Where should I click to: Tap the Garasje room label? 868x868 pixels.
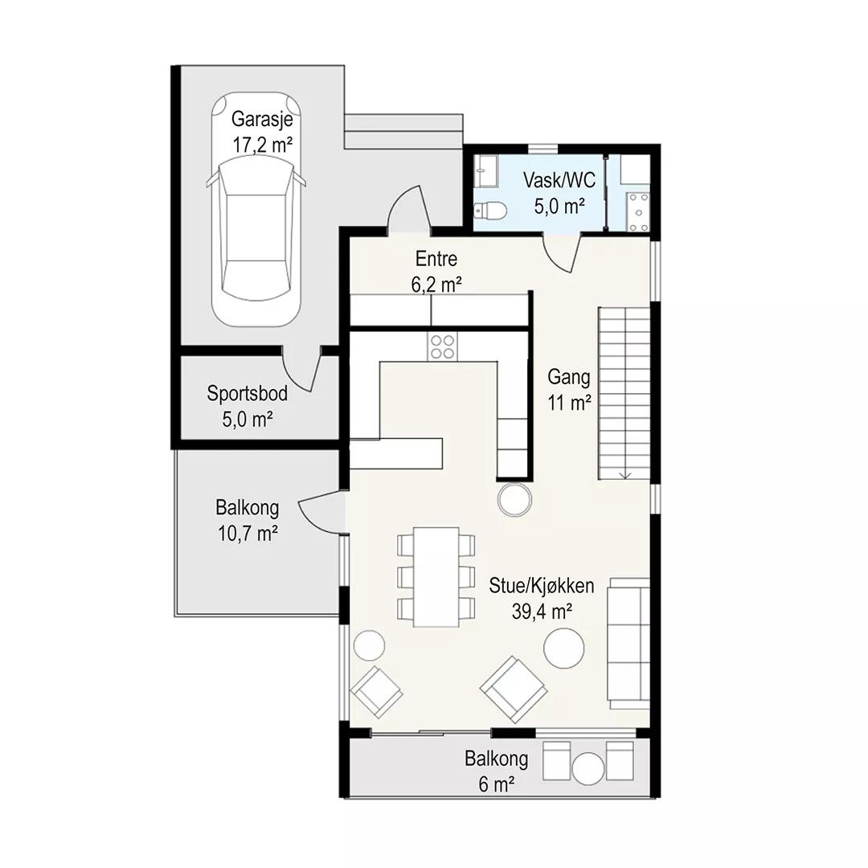tap(262, 119)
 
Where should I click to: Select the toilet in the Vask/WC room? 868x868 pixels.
tap(490, 210)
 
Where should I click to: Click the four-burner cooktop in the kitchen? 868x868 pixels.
tap(442, 346)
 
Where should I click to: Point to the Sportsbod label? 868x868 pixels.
tap(248, 393)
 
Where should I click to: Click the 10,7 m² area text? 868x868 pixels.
tap(248, 534)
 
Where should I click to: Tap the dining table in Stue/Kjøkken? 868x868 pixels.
tap(436, 577)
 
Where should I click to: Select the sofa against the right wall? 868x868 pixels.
tap(628, 643)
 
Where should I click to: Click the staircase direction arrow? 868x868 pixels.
tap(625, 473)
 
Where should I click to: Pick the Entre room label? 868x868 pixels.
tap(436, 259)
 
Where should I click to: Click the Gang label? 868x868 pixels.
tap(568, 378)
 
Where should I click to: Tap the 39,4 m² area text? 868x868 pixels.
tap(542, 612)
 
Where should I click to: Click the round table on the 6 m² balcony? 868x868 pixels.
tap(588, 768)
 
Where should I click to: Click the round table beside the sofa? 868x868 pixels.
tap(563, 649)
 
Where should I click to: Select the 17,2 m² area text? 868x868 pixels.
tap(262, 145)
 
